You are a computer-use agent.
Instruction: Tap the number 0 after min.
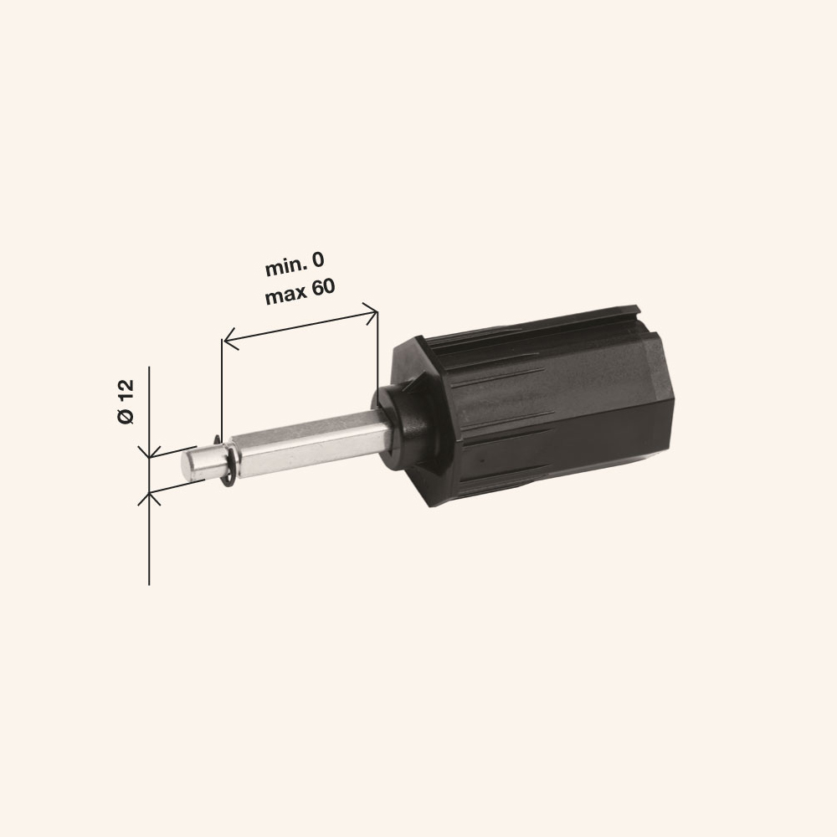[317, 259]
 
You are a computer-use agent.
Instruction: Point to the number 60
[323, 287]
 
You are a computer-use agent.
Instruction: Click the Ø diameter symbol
[126, 416]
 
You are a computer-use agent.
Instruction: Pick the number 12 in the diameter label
[126, 391]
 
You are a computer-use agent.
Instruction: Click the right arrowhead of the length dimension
[371, 313]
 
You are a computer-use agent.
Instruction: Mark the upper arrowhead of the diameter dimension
[150, 452]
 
